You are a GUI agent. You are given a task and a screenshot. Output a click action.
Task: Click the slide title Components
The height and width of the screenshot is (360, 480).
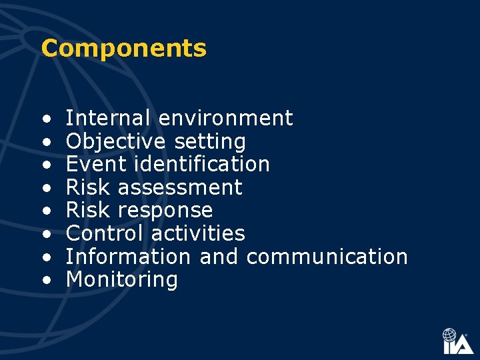click(123, 49)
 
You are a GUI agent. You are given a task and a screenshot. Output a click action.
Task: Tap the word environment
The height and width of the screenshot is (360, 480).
click(225, 119)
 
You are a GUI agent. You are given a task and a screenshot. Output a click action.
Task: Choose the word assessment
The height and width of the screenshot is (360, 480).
click(180, 188)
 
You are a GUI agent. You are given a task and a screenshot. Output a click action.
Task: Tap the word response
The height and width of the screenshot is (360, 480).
click(165, 211)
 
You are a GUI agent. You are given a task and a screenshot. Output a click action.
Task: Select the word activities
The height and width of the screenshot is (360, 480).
click(198, 234)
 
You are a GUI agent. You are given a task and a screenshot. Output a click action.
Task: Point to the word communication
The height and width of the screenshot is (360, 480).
click(327, 257)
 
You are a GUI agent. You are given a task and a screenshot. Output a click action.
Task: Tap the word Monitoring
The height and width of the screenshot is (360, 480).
click(122, 280)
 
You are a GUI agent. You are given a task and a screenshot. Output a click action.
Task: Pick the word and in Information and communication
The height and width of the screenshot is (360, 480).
click(219, 257)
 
